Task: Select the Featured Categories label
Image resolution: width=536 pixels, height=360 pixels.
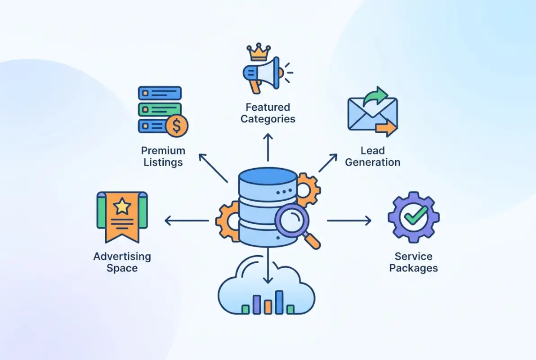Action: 268,113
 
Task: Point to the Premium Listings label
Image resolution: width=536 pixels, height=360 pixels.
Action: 163,156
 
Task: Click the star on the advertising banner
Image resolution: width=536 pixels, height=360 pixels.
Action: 122,207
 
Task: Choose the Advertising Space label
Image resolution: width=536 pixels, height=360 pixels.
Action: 122,262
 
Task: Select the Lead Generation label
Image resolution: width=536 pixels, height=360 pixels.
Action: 372,156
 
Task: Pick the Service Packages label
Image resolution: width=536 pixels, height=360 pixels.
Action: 414,262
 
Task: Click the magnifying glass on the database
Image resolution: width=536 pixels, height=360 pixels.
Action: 292,221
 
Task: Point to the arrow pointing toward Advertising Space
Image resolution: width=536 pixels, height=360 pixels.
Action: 187,220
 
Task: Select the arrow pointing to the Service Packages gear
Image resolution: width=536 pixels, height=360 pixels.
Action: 349,220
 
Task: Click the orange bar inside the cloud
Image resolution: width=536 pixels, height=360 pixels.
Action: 268,306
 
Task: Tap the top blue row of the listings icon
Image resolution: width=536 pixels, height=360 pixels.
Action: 160,94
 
